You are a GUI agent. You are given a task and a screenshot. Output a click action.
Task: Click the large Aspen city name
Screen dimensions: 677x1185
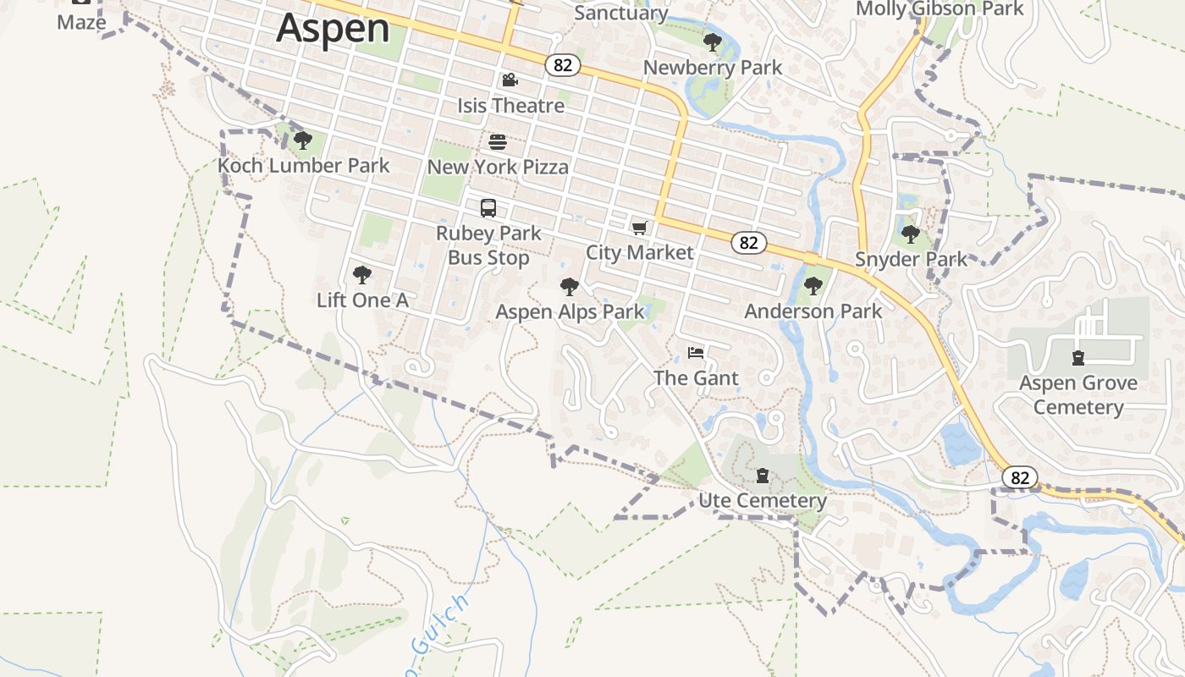click(x=333, y=28)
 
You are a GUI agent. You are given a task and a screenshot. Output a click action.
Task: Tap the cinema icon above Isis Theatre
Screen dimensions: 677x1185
click(x=510, y=80)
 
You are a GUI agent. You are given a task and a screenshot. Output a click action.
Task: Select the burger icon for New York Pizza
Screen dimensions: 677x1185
click(x=498, y=141)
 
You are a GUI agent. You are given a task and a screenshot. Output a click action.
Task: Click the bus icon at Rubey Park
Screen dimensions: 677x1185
click(x=488, y=208)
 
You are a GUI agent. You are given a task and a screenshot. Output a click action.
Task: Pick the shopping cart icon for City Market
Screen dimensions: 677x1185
click(x=640, y=228)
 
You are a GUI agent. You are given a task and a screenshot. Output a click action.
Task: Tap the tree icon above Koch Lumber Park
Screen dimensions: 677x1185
click(x=302, y=140)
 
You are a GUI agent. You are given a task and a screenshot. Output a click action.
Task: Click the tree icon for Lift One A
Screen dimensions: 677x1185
click(x=362, y=275)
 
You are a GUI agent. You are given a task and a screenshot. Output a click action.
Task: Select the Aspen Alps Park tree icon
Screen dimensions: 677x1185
click(x=570, y=287)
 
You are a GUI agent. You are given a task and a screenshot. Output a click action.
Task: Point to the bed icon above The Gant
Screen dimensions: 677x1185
click(x=696, y=353)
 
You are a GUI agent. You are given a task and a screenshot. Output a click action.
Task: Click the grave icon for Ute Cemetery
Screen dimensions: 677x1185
click(x=763, y=476)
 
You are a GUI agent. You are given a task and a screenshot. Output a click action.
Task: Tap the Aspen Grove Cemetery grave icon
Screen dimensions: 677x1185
click(x=1078, y=358)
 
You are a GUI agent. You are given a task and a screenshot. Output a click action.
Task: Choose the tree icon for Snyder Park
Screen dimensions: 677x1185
click(x=911, y=234)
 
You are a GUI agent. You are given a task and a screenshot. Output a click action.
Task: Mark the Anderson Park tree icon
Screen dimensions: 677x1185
click(x=813, y=286)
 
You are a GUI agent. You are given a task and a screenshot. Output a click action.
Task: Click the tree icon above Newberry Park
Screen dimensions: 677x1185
click(x=713, y=42)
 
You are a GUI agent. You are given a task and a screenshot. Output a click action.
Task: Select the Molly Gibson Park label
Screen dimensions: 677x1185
click(x=940, y=9)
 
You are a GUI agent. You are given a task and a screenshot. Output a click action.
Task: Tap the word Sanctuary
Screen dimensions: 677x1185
click(x=621, y=13)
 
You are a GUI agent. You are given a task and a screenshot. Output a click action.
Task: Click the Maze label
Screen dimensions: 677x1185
click(x=81, y=22)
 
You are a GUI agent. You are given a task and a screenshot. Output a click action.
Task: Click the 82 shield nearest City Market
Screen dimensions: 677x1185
click(x=748, y=243)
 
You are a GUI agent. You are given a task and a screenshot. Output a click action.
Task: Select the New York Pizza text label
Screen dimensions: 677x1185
click(x=498, y=167)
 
